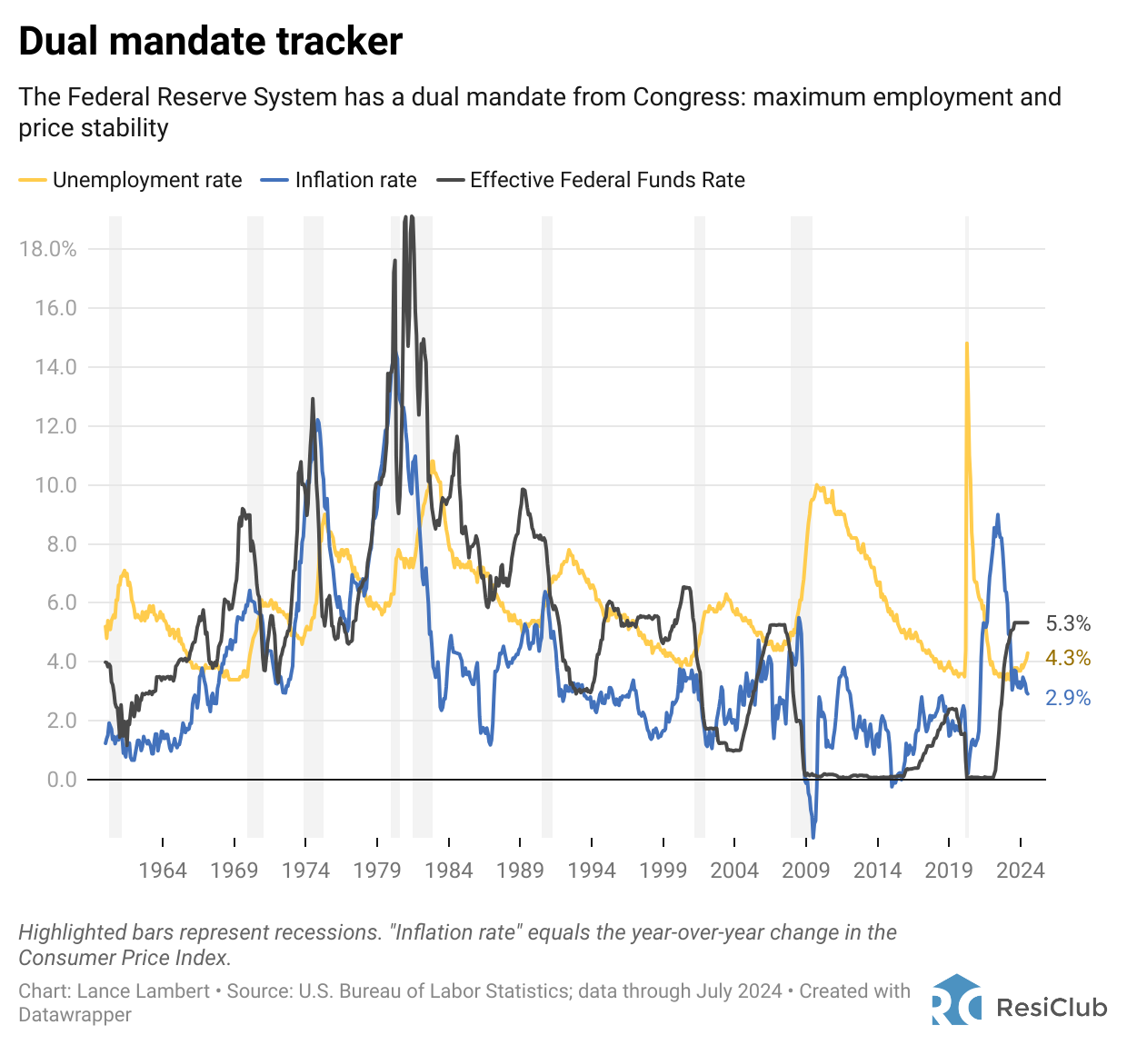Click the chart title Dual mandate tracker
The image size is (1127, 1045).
210,42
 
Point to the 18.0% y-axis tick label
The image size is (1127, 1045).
47,249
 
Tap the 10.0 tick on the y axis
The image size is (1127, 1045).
55,484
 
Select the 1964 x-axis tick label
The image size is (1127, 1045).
163,871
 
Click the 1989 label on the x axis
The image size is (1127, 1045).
520,871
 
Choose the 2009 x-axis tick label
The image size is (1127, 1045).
806,871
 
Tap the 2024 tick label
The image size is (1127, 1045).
1020,871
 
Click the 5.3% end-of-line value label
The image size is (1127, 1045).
1068,623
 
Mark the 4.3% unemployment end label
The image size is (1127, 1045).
1068,658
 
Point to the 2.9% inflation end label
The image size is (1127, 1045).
1068,698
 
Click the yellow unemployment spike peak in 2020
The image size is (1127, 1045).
966,343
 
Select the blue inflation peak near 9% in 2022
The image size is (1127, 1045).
998,515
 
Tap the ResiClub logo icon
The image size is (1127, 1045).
956,1000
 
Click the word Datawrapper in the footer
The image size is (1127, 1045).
75,1015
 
